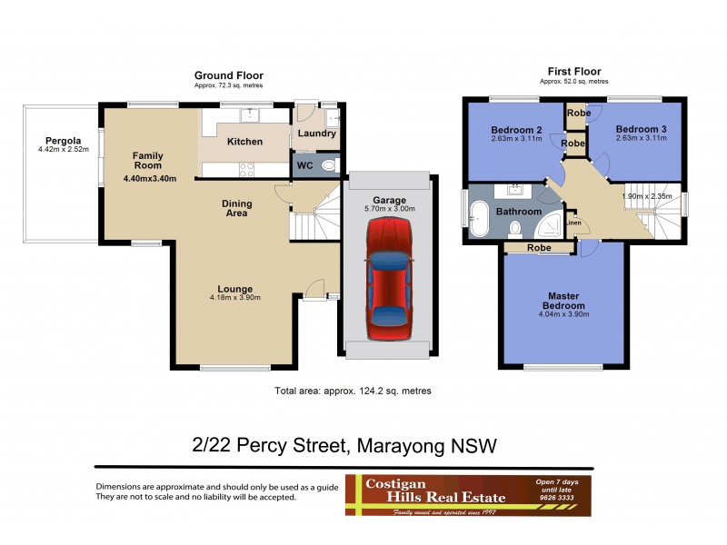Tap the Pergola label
pos(60,142)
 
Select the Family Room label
pos(147,160)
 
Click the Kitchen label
pos(244,142)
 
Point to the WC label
pos(304,166)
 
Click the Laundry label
pos(318,134)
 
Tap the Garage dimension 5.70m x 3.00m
pos(388,209)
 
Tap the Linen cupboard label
pos(573,223)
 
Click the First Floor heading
pos(573,72)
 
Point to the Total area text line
pos(352,391)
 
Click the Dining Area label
pos(237,209)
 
